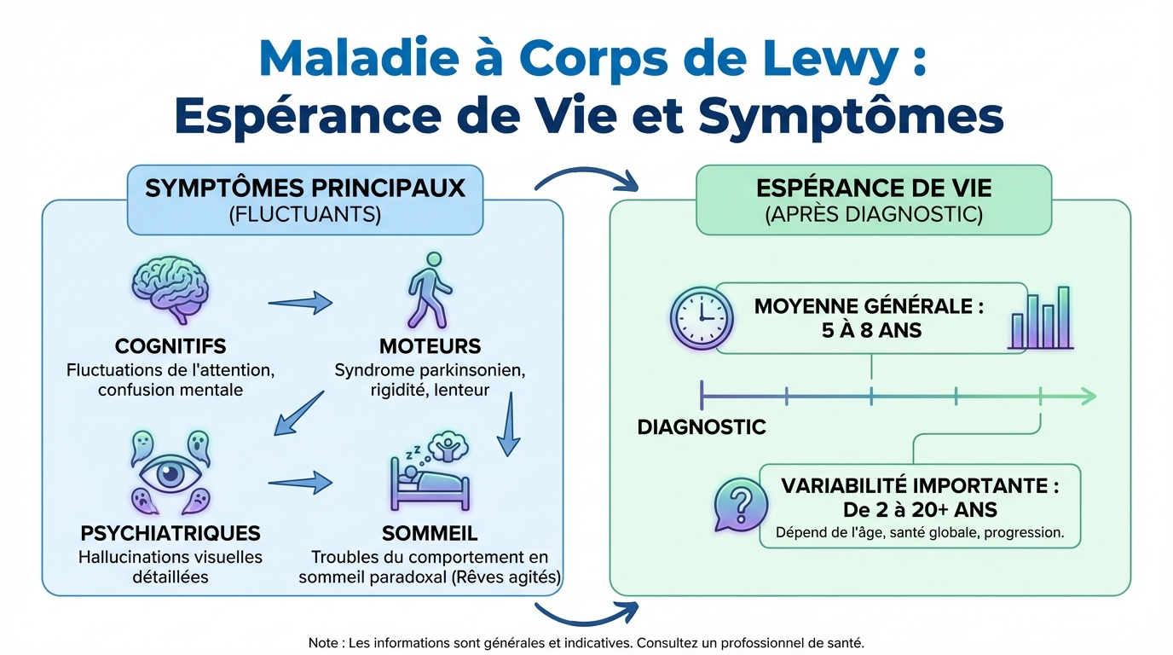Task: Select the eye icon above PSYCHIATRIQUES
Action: click(170, 474)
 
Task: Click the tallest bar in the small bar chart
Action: click(1064, 317)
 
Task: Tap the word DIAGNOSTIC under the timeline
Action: click(702, 426)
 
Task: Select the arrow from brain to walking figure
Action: click(300, 301)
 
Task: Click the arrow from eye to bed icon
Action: click(300, 483)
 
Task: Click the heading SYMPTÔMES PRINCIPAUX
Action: click(305, 188)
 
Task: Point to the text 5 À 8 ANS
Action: click(869, 329)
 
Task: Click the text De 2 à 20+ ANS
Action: click(919, 510)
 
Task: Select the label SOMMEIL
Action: click(430, 534)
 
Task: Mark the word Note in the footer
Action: click(323, 642)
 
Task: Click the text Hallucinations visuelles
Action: click(170, 557)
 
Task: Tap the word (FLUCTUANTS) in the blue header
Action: click(305, 213)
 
